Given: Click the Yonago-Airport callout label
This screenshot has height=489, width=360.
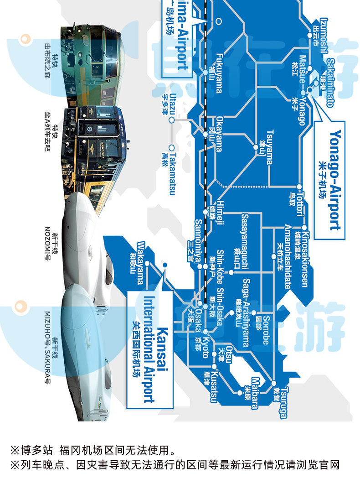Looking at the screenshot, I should coord(334,180).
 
